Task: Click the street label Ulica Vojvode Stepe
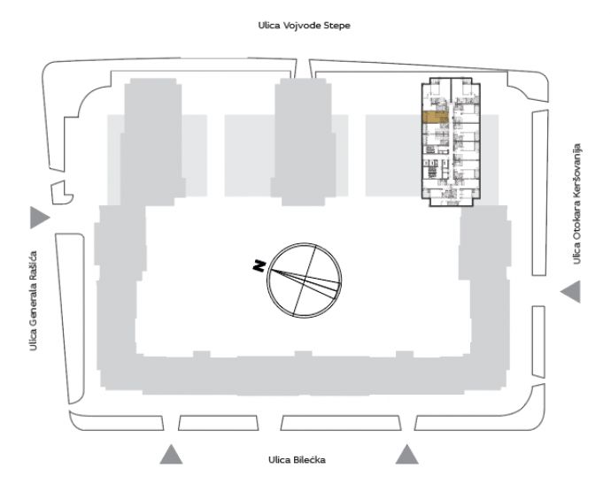point(304,26)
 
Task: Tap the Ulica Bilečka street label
point(297,460)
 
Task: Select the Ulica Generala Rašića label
point(34,301)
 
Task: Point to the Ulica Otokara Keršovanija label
point(577,204)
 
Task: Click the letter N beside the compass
point(259,266)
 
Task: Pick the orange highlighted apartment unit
point(436,118)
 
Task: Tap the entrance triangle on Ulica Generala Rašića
point(39,218)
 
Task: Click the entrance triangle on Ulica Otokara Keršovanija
point(571,291)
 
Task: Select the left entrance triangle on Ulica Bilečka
point(171,455)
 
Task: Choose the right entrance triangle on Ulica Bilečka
point(407,455)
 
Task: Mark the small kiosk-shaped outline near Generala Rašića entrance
point(62,193)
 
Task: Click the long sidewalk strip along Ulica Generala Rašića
point(70,319)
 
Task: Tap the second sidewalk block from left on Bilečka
point(219,423)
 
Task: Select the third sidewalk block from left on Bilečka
point(341,423)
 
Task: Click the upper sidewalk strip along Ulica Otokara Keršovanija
point(540,193)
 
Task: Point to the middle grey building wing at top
point(304,142)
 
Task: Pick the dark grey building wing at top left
point(152,142)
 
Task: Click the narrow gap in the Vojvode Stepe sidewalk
point(303,68)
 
